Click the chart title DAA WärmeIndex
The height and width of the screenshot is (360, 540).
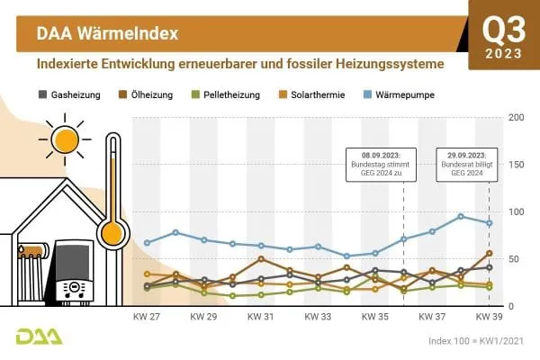click(106, 33)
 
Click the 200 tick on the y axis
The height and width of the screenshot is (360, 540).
click(517, 118)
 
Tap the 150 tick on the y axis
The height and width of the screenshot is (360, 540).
click(517, 165)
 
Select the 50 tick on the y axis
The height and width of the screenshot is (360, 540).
click(517, 259)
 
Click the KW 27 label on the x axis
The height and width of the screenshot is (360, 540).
click(147, 318)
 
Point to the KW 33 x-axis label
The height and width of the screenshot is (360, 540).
click(318, 318)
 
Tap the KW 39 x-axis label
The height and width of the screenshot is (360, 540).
click(489, 318)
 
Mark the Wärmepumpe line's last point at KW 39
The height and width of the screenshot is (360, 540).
click(489, 223)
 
